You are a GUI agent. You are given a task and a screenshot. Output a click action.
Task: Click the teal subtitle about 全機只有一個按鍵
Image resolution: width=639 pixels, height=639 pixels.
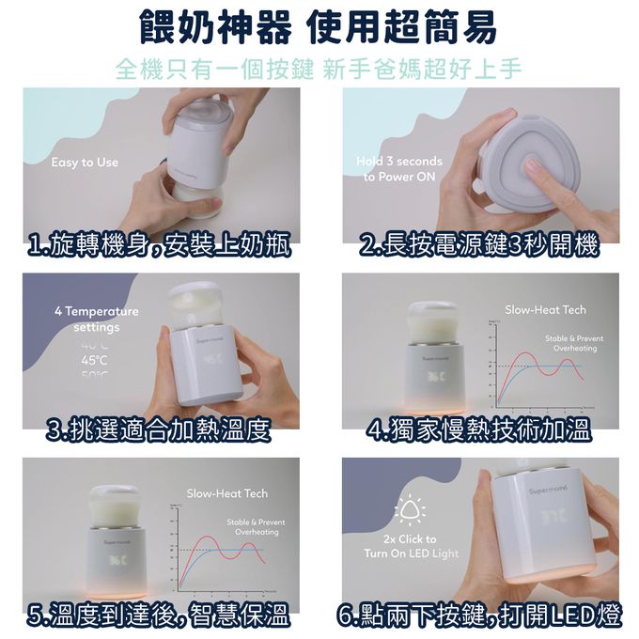(319, 70)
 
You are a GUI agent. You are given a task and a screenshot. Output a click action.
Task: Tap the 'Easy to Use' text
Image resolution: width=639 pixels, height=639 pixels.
(86, 163)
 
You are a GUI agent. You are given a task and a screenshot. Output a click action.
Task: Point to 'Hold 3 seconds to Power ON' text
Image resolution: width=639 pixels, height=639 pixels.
(399, 169)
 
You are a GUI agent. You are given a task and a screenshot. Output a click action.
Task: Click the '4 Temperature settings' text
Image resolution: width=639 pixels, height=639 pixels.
(96, 319)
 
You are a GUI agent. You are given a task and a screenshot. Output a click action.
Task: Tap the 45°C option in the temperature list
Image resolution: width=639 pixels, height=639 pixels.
(95, 359)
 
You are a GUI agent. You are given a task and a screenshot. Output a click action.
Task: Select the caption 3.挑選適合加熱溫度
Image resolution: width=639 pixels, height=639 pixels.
(160, 431)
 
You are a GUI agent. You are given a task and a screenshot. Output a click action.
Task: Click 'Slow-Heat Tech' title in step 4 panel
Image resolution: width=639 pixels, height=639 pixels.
(545, 309)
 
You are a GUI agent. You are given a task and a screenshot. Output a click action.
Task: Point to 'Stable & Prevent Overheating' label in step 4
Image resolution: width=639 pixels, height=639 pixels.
(574, 343)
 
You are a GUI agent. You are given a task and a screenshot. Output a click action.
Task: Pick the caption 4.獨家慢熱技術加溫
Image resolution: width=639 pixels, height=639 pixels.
(479, 431)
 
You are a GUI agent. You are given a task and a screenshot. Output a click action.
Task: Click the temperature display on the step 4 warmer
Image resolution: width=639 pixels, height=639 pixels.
(435, 378)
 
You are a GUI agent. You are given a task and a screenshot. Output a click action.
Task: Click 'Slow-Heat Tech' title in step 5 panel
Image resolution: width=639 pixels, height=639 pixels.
(226, 493)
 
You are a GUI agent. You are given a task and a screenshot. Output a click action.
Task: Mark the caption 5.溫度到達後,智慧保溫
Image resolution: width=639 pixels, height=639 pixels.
(158, 616)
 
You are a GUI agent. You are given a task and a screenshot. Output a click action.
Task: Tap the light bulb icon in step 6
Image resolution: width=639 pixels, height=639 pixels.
(411, 511)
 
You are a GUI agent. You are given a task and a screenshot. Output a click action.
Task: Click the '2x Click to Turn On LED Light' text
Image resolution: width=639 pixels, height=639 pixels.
(411, 546)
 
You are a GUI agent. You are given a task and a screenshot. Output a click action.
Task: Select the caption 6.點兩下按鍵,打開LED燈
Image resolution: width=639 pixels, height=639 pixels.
(479, 616)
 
